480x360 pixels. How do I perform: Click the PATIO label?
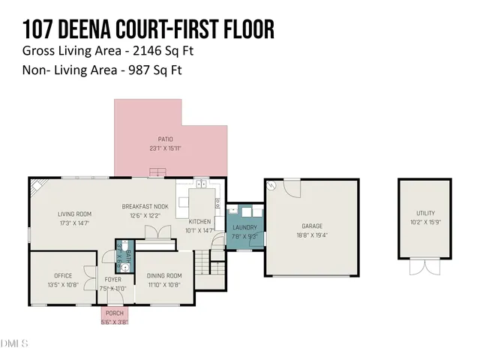(166, 139)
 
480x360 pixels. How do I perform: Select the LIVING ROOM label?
(74, 214)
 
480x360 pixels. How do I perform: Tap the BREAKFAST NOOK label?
(145, 206)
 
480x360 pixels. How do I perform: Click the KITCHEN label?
(199, 221)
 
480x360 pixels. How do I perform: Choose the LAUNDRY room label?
(244, 227)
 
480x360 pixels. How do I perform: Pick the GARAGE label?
(311, 225)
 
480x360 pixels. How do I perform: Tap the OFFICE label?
(63, 275)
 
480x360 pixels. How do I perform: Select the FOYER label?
(113, 279)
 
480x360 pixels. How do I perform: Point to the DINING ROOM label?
(164, 275)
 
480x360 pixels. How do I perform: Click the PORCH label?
(115, 313)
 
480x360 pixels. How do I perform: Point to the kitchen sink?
(200, 182)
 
